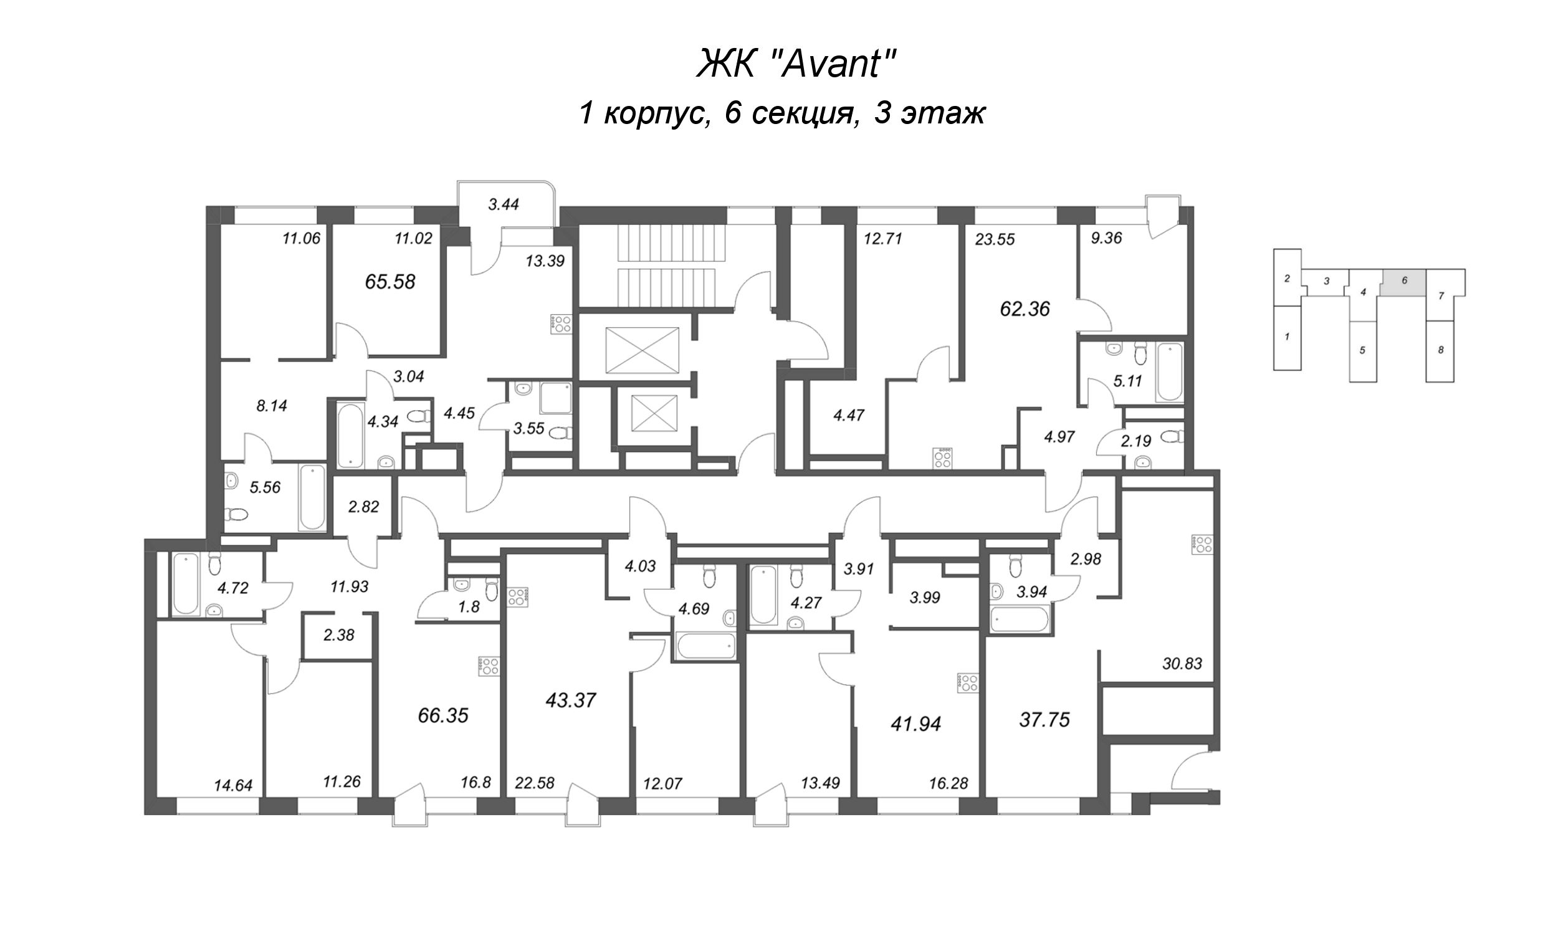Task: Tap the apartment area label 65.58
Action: pos(389,282)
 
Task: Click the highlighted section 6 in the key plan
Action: pos(1403,280)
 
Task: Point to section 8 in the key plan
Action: pos(1440,350)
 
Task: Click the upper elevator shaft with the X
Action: pos(642,350)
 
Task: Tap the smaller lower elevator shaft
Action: pos(654,414)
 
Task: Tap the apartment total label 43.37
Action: pos(570,701)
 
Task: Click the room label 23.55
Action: pos(995,239)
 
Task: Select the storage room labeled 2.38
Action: pos(339,636)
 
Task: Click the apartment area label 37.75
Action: pos(1044,720)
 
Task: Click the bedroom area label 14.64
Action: pos(232,785)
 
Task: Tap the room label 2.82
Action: pos(363,507)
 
